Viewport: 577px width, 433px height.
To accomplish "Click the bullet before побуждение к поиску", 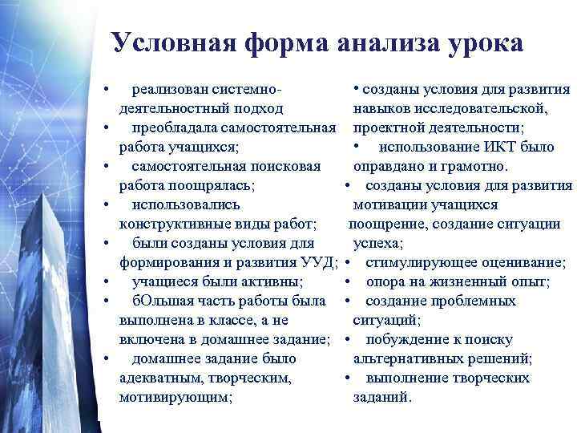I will [347, 339].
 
